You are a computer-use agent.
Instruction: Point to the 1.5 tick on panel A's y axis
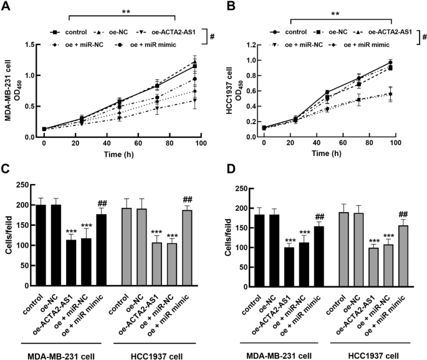tap(29, 45)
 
